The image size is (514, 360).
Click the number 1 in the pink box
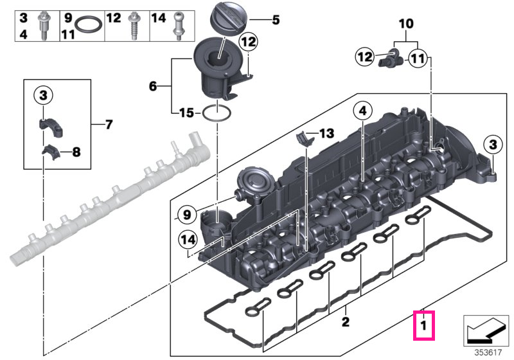(x=423, y=325)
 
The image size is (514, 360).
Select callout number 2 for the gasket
(x=346, y=322)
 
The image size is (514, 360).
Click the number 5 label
(x=276, y=20)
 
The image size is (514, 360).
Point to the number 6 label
(x=153, y=86)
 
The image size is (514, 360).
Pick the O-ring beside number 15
(x=217, y=113)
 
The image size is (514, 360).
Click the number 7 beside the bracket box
(x=109, y=124)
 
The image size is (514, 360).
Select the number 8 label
(x=76, y=152)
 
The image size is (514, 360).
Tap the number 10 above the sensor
(x=406, y=24)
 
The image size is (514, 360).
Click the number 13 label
(x=326, y=133)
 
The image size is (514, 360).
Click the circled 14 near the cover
(x=188, y=240)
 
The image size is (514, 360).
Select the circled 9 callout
(x=186, y=215)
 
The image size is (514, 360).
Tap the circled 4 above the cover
(x=362, y=111)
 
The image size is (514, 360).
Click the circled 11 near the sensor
(x=418, y=59)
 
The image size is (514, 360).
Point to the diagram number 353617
(x=488, y=353)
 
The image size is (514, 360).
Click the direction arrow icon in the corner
(x=486, y=330)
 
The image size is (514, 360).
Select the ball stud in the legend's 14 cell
(x=178, y=26)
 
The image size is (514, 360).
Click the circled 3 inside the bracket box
(x=43, y=95)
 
